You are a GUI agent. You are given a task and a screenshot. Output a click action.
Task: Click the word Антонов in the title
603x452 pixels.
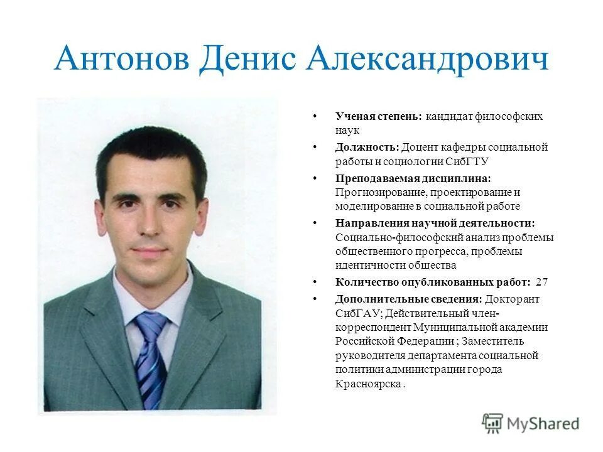121,60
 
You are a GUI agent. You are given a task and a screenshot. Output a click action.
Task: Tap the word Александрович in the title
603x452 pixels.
427,60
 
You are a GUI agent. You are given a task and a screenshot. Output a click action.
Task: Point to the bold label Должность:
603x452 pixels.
367,147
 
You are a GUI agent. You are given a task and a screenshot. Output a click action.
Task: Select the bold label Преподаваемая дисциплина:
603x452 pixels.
413,178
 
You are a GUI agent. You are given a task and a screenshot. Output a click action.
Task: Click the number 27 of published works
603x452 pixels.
542,282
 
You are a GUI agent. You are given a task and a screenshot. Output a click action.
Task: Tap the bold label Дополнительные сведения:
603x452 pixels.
409,299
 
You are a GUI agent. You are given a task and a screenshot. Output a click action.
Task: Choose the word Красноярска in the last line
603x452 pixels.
368,384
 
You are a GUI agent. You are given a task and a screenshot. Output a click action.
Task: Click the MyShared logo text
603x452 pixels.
543,424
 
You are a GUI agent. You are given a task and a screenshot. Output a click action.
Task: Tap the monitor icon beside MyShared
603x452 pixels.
493,423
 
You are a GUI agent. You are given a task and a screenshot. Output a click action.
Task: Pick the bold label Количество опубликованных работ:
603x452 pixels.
433,282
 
